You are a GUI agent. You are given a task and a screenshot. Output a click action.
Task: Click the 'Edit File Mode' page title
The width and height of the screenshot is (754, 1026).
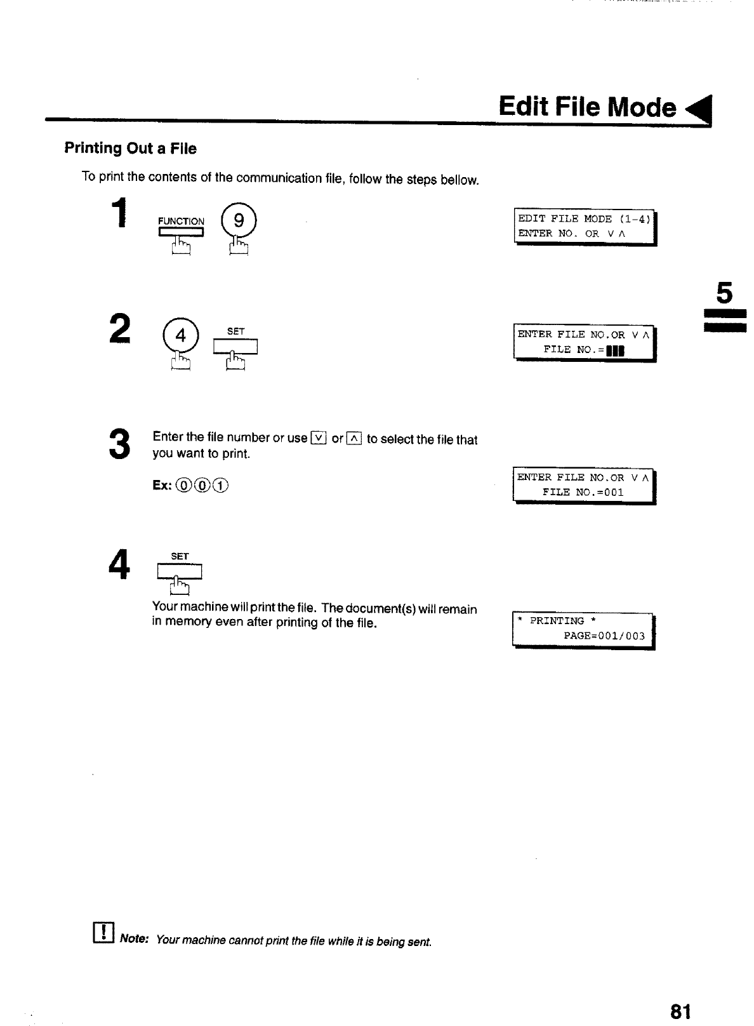pos(587,107)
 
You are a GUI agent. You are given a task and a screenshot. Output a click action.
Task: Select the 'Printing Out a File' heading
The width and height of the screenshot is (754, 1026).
pos(130,149)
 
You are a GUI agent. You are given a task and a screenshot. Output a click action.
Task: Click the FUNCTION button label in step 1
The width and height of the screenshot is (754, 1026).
pos(181,222)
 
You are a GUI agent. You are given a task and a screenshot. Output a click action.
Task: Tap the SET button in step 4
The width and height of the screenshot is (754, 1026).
pos(180,571)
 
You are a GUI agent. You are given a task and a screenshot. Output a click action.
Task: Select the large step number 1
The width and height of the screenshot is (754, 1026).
pos(118,213)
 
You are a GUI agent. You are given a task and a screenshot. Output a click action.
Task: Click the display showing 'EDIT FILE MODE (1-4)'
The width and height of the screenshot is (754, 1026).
pos(584,227)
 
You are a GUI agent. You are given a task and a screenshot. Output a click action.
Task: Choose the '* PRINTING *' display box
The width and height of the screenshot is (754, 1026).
pos(582,629)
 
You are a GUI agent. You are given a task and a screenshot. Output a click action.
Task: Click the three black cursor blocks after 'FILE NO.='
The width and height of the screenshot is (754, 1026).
pos(616,350)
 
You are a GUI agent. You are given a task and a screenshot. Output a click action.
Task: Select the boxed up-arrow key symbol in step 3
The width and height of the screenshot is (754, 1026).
pos(354,438)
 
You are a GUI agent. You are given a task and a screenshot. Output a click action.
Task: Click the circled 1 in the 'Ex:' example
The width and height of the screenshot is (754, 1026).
pos(221,486)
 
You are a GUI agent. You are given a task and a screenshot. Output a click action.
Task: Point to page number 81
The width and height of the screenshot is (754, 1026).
pos(679,1011)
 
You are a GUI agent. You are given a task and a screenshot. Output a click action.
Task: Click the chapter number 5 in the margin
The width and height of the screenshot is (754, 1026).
pos(724,293)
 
